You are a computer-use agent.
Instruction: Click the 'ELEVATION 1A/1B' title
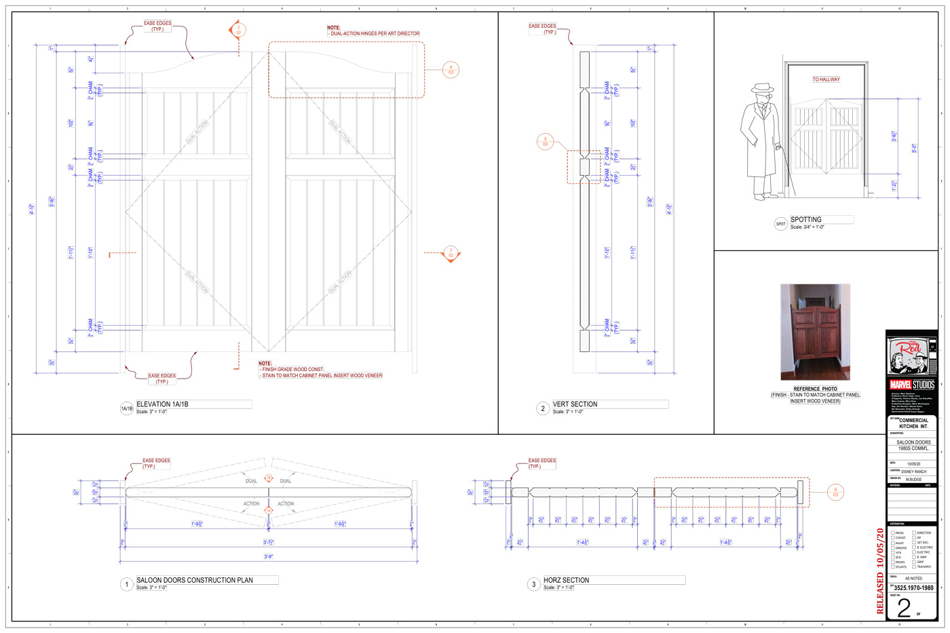click(x=163, y=404)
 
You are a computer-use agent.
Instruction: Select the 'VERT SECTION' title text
click(x=575, y=404)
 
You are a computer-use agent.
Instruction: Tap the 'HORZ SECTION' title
click(x=566, y=580)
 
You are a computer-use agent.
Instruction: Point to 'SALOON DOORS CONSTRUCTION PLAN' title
click(x=195, y=580)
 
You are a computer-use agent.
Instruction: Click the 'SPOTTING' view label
click(x=806, y=220)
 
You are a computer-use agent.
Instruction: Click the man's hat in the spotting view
click(x=763, y=89)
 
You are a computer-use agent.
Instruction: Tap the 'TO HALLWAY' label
click(x=826, y=79)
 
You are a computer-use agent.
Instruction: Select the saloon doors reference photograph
click(x=815, y=332)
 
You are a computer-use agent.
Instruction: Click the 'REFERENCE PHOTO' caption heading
click(x=815, y=389)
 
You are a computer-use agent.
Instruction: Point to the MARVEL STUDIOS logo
click(x=912, y=385)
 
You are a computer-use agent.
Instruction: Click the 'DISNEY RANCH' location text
click(x=913, y=472)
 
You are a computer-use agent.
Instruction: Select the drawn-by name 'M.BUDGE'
click(x=913, y=480)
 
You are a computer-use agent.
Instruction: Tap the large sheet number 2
click(x=904, y=607)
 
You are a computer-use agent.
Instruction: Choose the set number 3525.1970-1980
click(x=913, y=588)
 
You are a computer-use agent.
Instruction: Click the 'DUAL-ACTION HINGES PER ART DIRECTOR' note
click(x=375, y=33)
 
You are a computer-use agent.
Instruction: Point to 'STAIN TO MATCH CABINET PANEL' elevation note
click(x=322, y=375)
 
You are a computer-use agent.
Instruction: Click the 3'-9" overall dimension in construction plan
click(x=269, y=557)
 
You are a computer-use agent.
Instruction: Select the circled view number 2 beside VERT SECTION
click(x=542, y=408)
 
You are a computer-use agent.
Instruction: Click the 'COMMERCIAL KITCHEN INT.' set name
click(x=913, y=423)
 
